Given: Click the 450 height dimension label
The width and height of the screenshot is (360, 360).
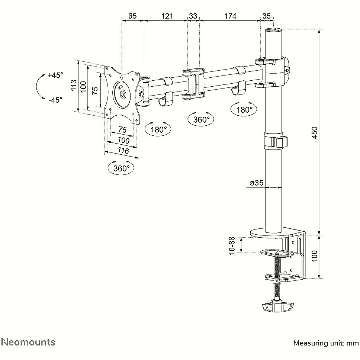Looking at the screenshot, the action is (x=315, y=132).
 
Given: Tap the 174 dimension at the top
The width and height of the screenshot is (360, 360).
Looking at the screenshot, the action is (x=230, y=16).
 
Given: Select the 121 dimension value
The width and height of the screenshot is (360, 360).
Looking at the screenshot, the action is (x=167, y=16).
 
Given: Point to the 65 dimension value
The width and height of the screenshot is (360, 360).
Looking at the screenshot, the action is (x=132, y=16).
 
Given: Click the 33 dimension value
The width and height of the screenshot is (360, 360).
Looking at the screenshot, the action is (x=193, y=16).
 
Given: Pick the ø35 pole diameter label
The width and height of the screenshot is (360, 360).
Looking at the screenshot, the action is (x=257, y=183).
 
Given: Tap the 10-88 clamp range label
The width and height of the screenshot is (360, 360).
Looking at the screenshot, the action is (x=232, y=245).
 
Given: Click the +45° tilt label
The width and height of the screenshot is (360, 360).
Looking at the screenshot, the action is (x=55, y=75).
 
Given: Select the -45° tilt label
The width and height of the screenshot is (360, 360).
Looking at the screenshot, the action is (x=55, y=100).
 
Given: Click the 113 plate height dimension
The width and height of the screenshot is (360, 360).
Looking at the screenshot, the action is (x=74, y=85).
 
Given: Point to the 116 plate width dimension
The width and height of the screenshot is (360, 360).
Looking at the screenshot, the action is (x=123, y=150).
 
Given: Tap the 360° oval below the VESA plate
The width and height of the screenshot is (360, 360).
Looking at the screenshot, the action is (x=121, y=168).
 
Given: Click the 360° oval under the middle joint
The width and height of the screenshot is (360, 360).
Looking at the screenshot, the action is (x=201, y=119).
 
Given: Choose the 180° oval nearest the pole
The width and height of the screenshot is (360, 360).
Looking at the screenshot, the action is (x=244, y=109).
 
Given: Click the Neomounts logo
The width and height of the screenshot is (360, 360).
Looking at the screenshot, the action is (x=28, y=342).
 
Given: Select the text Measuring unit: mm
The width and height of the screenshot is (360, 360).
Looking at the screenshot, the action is (x=326, y=343).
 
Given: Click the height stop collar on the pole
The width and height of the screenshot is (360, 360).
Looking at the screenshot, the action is (x=275, y=141).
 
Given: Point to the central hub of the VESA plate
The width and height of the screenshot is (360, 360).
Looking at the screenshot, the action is (x=123, y=94).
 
